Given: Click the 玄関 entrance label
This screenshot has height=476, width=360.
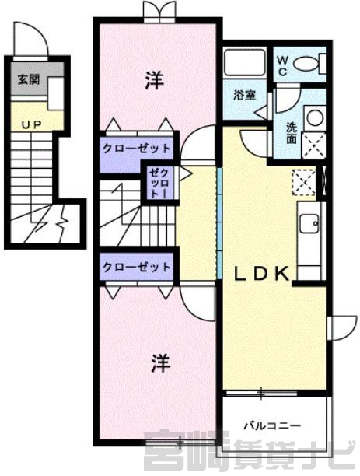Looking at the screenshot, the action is tap(29, 79).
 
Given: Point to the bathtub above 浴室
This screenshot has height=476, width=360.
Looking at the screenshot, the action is tap(244, 62).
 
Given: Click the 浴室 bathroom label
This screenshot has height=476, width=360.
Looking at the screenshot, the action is tap(245, 96).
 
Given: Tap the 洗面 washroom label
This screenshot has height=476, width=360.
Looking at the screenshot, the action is tap(292, 133).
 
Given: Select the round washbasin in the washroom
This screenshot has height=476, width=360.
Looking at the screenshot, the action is tap(315, 117).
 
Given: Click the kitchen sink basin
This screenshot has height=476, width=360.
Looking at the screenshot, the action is tap(309, 223).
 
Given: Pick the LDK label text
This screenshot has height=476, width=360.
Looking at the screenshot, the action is tap(261, 274).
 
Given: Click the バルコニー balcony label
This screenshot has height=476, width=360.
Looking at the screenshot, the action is tap(272, 426).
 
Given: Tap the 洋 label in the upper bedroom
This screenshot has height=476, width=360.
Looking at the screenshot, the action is tap(154, 80).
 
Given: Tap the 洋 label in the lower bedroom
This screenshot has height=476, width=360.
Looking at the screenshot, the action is tap(161, 363).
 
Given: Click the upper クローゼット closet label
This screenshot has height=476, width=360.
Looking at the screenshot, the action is tap(136, 149).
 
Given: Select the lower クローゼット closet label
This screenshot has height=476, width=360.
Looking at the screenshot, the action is tap(136, 267).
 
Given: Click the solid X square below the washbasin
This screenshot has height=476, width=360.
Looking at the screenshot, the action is tap(314, 145).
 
